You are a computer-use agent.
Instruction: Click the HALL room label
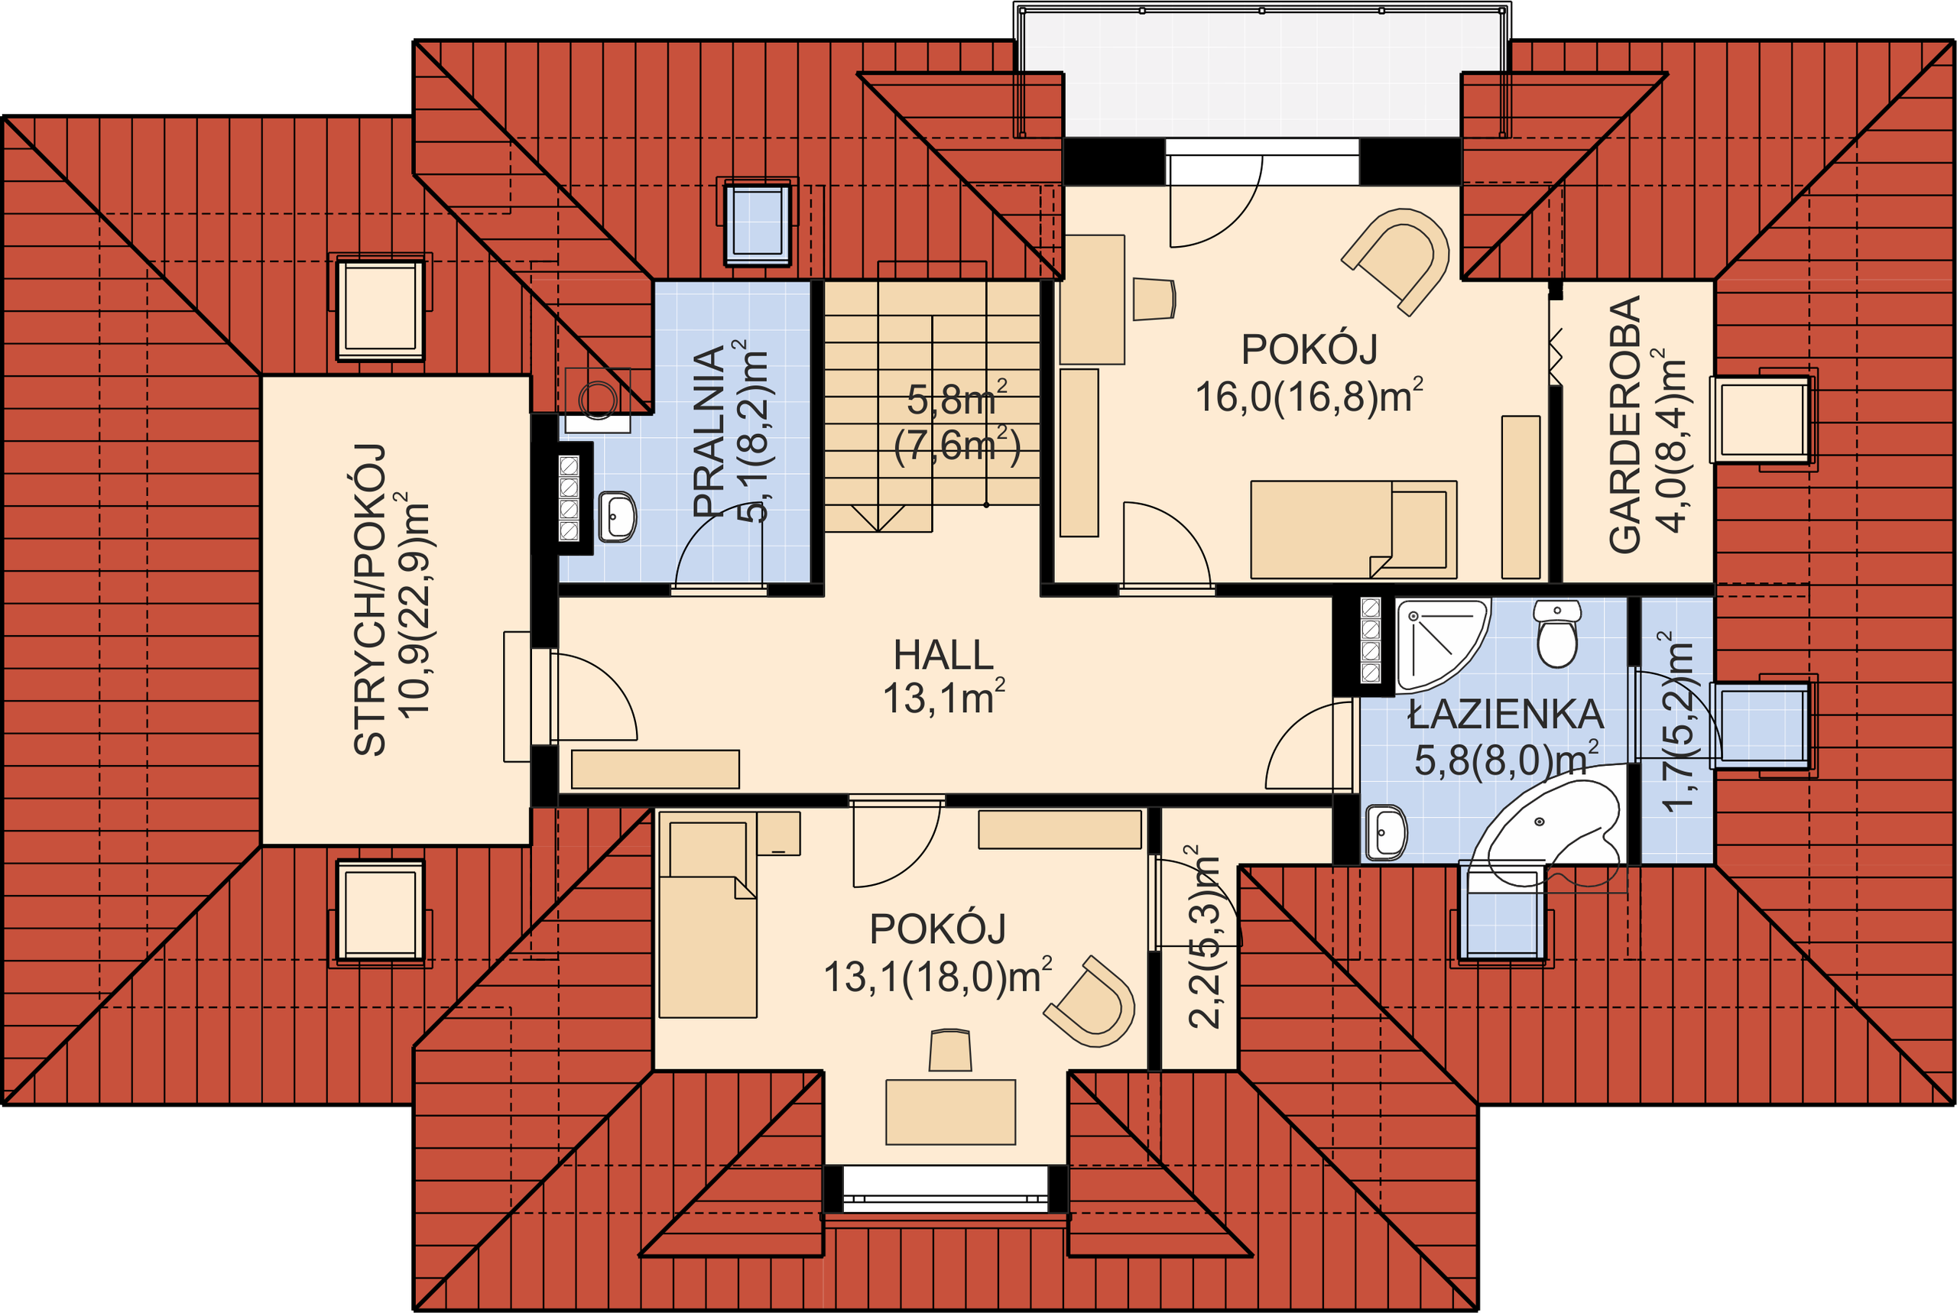[x=944, y=655]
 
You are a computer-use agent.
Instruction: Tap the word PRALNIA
[x=709, y=430]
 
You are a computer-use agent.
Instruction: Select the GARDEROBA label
[x=1624, y=425]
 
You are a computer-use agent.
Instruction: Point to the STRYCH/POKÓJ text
[x=369, y=599]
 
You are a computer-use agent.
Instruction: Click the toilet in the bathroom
[x=1557, y=633]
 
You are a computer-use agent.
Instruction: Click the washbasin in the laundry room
[x=617, y=516]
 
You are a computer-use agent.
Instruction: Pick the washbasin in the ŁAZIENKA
[x=1386, y=832]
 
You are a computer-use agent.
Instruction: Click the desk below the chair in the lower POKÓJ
[x=950, y=1112]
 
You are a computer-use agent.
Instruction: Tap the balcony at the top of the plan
[x=1262, y=73]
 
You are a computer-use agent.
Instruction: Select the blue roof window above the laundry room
[x=757, y=222]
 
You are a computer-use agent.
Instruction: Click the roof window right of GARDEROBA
[x=1761, y=419]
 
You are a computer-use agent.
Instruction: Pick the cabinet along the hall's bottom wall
[x=655, y=769]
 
